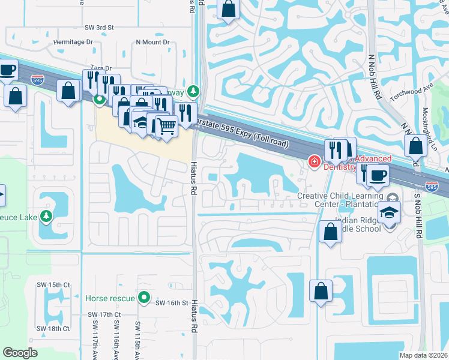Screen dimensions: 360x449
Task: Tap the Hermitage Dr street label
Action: (73, 42)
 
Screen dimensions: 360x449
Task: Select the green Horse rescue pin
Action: (143, 298)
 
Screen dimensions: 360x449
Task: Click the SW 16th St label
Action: (172, 303)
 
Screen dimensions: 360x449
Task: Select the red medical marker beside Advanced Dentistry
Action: (313, 161)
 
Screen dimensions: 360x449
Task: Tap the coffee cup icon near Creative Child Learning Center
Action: (378, 175)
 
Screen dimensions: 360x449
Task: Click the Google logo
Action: (20, 353)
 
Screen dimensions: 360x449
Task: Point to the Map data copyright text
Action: (423, 355)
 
